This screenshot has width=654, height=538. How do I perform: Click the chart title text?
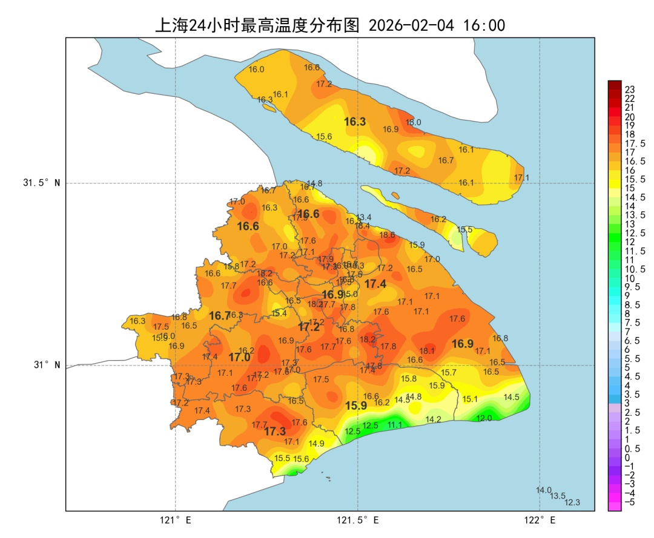pyautogui.click(x=330, y=25)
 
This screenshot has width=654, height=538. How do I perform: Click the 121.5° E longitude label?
pyautogui.click(x=358, y=520)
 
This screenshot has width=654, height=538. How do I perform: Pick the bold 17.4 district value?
pyautogui.click(x=375, y=284)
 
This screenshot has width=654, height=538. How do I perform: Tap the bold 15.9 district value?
pyautogui.click(x=356, y=406)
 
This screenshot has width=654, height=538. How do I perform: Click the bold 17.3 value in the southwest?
pyautogui.click(x=275, y=431)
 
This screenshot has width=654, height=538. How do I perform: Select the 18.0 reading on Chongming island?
pyautogui.click(x=414, y=122)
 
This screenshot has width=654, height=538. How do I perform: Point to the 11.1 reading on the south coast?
pyautogui.click(x=395, y=425)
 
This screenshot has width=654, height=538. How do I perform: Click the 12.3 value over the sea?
pyautogui.click(x=572, y=502)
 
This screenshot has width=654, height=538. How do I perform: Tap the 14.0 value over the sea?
pyautogui.click(x=544, y=490)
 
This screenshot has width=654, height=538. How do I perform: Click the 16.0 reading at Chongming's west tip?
pyautogui.click(x=257, y=70)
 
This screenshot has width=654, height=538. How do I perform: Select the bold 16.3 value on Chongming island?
pyautogui.click(x=355, y=122)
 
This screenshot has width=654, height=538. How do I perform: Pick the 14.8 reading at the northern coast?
pyautogui.click(x=314, y=183)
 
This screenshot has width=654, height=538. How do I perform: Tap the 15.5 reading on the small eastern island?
pyautogui.click(x=465, y=230)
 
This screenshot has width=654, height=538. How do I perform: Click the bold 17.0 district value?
pyautogui.click(x=239, y=358)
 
